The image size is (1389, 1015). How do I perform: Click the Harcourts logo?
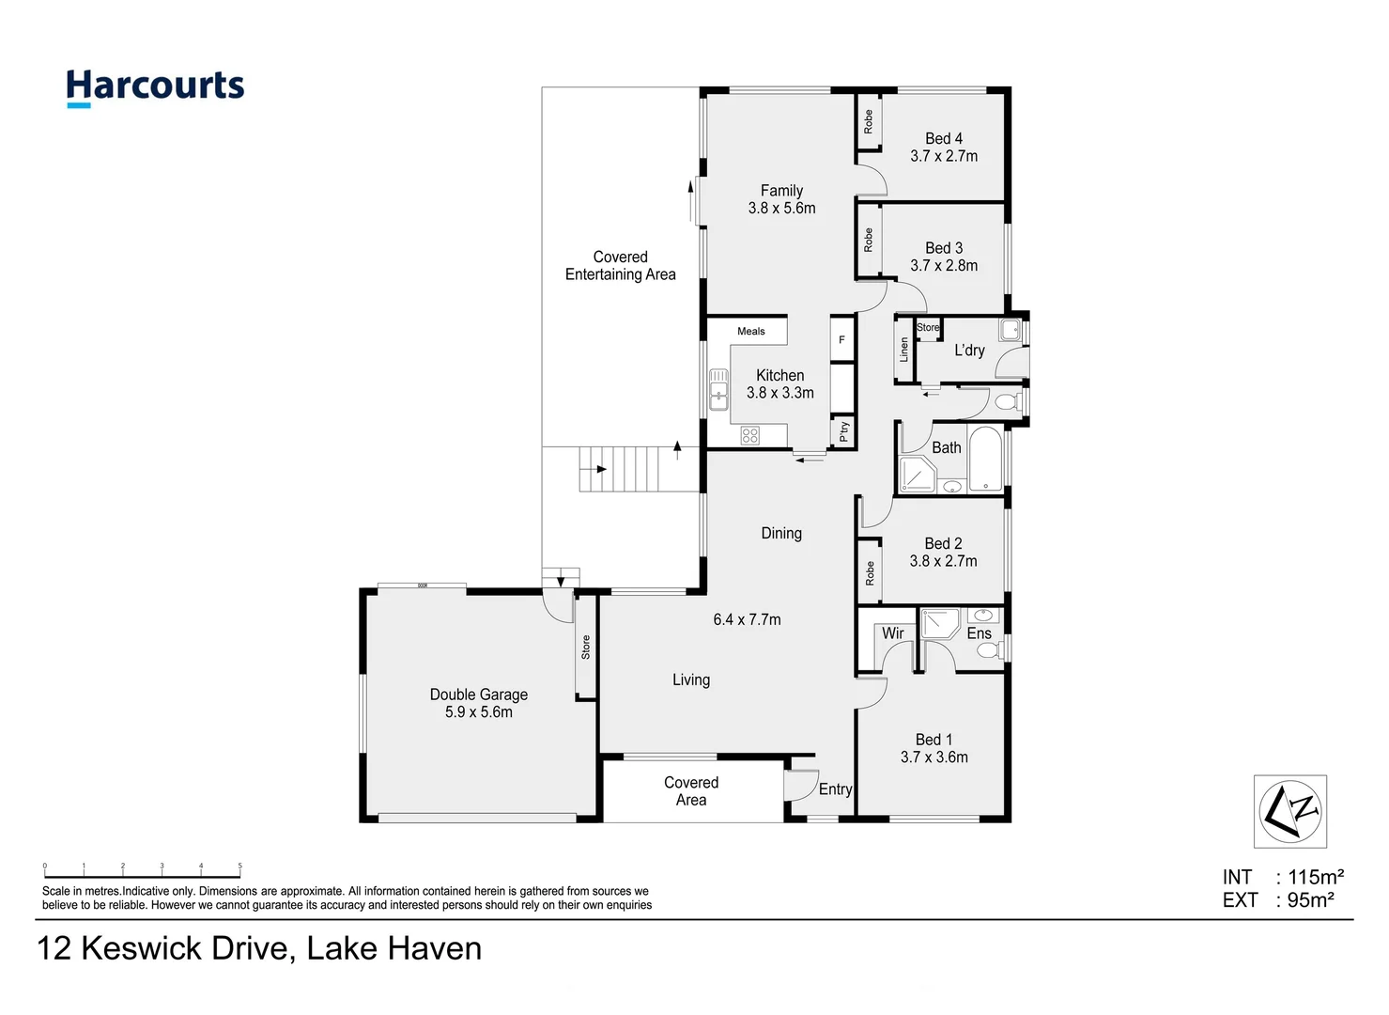(155, 87)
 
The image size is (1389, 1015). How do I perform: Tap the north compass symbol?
(1289, 811)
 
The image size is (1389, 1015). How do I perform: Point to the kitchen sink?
(718, 389)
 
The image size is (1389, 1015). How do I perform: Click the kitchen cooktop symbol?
(749, 435)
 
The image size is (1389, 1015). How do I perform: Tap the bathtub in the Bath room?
(985, 459)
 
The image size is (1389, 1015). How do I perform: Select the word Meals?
(750, 332)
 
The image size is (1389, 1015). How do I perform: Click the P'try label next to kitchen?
(843, 431)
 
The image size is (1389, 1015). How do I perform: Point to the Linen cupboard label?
(903, 351)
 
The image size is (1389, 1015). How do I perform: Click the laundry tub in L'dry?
(1010, 330)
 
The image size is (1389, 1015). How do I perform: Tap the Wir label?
(892, 633)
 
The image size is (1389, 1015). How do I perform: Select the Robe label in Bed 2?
(870, 573)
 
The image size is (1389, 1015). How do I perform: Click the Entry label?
(835, 789)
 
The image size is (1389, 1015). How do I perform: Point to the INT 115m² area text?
(1283, 877)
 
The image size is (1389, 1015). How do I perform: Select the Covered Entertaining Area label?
(620, 266)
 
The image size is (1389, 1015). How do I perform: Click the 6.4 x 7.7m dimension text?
(747, 620)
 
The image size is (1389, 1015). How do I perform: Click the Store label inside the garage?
(585, 647)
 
